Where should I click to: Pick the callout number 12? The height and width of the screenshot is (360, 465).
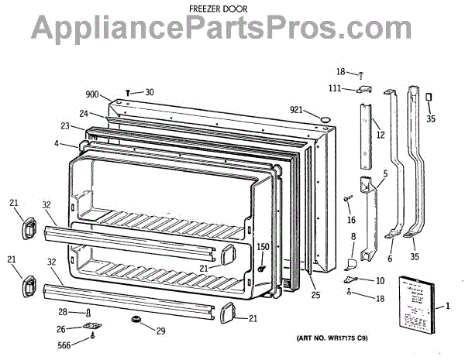click(381, 135)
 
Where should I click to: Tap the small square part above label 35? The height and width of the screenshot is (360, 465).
click(428, 95)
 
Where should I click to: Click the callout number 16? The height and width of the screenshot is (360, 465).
click(350, 220)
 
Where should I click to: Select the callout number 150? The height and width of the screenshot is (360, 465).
click(263, 248)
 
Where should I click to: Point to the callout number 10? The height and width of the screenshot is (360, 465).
click(380, 280)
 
